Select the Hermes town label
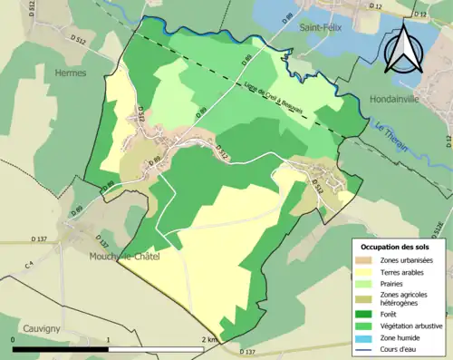click(x=70, y=72)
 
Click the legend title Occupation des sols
click(x=397, y=246)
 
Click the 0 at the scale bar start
click(x=13, y=340)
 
